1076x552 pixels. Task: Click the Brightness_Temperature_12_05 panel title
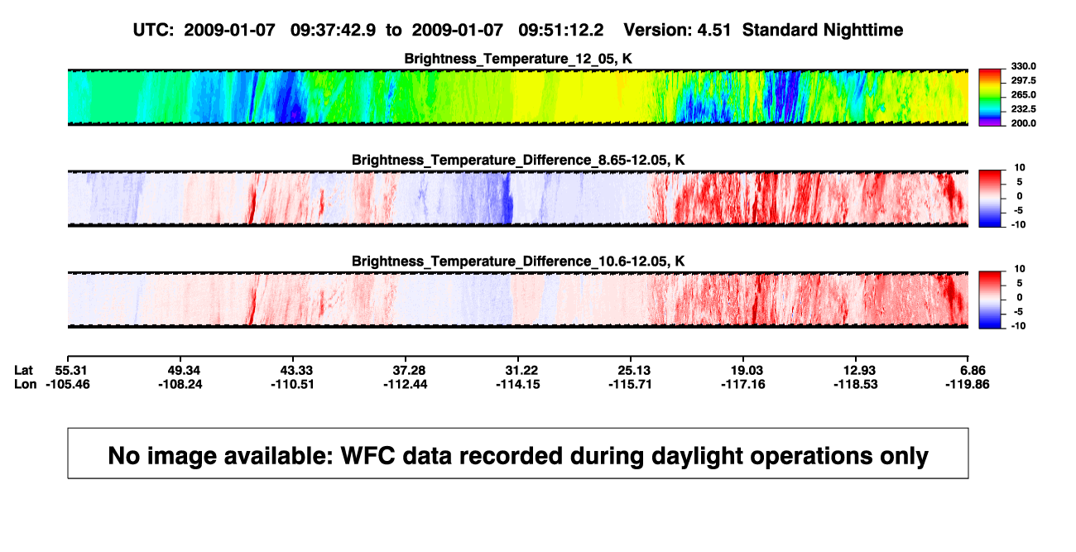tap(518, 59)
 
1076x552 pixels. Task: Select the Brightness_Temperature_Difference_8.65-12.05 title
tap(518, 160)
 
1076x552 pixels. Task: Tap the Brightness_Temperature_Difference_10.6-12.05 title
tap(518, 262)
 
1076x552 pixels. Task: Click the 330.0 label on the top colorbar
tap(1023, 66)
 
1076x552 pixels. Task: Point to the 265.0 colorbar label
tap(1023, 94)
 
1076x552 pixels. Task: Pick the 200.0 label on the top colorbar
tap(1023, 123)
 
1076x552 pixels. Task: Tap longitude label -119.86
tap(968, 384)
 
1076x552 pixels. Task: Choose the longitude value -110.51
tap(292, 384)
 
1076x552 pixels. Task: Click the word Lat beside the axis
tap(23, 371)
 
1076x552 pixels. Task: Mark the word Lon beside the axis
tap(26, 384)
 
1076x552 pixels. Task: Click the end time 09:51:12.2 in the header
tap(561, 31)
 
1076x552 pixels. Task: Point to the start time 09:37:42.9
tap(333, 31)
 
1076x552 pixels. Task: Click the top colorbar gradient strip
tap(990, 98)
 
